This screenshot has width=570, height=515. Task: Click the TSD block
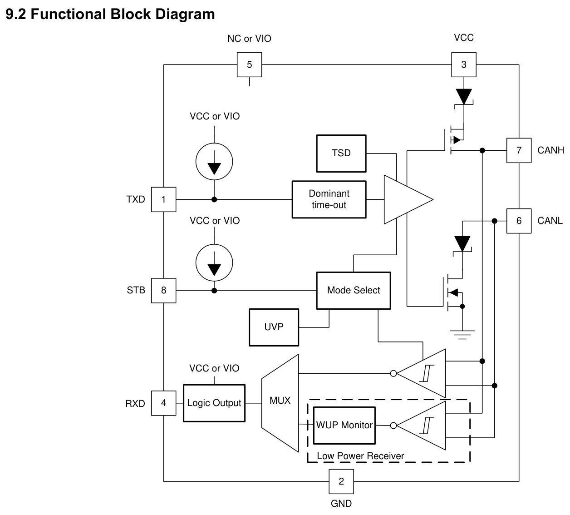pos(341,154)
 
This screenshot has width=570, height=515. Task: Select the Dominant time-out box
pos(329,199)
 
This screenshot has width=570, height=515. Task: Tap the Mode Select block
pos(354,290)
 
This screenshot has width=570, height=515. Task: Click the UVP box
pos(274,327)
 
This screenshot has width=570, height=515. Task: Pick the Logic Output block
pos(214,403)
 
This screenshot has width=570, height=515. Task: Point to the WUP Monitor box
pos(344,426)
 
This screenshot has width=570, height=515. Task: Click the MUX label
pos(280,401)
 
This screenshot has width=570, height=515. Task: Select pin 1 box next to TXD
pos(163,199)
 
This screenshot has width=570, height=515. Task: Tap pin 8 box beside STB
pos(163,290)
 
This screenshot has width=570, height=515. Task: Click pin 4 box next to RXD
pos(163,403)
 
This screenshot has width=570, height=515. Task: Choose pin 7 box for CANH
pos(519,150)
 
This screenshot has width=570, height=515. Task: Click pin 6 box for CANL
pos(519,221)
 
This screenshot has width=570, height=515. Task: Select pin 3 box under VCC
pos(464,64)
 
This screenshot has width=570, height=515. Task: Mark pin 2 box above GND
pos(341,481)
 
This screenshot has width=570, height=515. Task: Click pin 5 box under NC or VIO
pos(249,64)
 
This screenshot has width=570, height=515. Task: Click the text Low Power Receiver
pos(360,456)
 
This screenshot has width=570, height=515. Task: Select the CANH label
pos(550,150)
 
